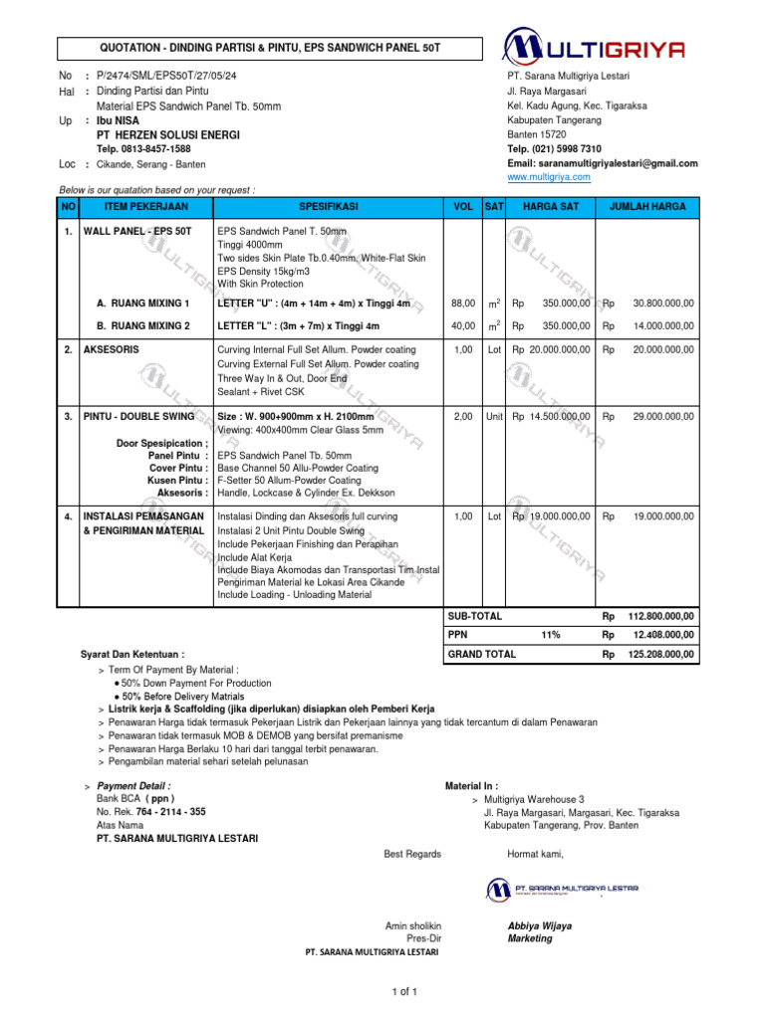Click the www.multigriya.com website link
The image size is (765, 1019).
[x=549, y=177]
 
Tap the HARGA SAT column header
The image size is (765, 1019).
[x=551, y=207]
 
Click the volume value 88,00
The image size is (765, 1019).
[x=462, y=303]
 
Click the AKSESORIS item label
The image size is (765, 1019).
[x=113, y=350]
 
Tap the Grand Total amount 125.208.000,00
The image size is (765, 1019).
[x=660, y=655]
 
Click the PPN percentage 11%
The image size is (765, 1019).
[x=550, y=634]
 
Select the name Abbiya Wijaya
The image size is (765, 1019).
[x=539, y=925]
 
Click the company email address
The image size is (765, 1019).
[x=602, y=163]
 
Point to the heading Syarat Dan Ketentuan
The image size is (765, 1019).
[x=131, y=655]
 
